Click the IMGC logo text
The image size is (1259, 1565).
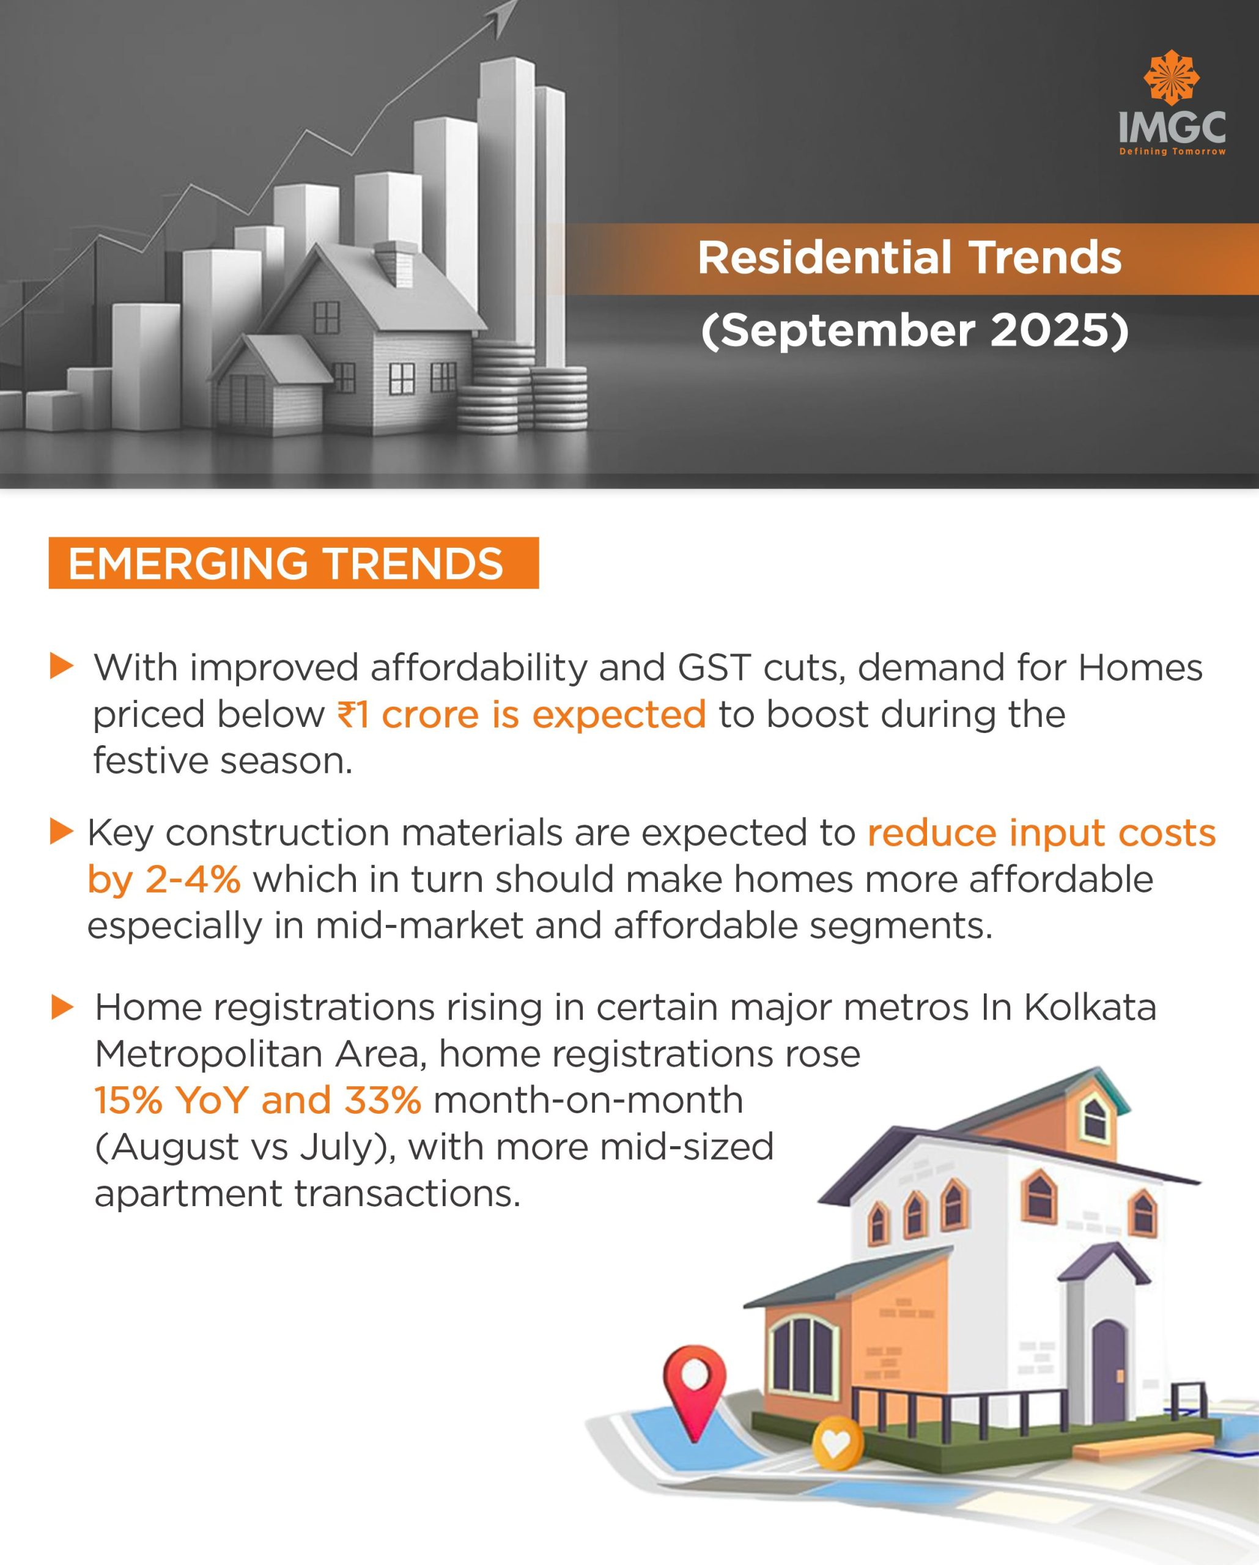point(1172,128)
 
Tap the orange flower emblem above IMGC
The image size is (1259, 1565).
point(1171,77)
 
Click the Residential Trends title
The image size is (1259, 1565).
point(910,258)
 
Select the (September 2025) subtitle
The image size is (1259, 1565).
point(915,330)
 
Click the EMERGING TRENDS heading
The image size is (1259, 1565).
point(286,564)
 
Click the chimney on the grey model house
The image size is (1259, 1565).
point(396,260)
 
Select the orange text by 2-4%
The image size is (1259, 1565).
point(163,879)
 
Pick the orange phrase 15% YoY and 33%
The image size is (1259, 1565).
point(258,1100)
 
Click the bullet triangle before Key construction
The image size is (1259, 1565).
point(62,832)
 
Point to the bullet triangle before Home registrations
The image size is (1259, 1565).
point(62,1007)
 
